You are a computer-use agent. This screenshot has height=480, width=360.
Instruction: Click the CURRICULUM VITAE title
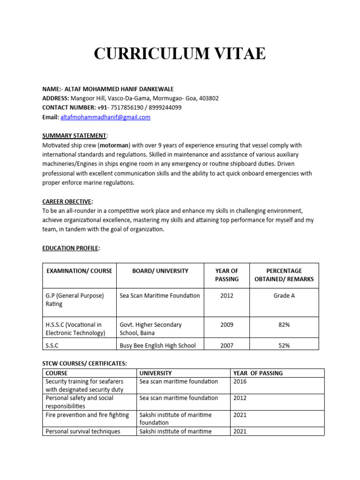point(180,54)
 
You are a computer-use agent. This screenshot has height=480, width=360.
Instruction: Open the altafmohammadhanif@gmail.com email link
point(105,117)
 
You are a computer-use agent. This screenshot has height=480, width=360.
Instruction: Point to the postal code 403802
point(209,98)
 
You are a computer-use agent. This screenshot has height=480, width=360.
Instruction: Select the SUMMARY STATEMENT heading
point(75,135)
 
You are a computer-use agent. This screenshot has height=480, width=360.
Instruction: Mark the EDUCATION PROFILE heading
point(70,248)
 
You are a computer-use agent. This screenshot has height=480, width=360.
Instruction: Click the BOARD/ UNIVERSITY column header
point(160,270)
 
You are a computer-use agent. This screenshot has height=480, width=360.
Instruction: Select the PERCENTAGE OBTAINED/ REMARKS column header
point(284,275)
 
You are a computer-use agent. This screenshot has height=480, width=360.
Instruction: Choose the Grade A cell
point(284,295)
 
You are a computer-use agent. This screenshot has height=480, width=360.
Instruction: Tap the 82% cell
point(284,324)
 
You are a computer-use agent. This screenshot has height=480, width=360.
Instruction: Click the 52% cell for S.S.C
point(284,345)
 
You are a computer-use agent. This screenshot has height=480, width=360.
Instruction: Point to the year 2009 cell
point(226,324)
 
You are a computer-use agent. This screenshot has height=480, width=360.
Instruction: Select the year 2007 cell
point(226,345)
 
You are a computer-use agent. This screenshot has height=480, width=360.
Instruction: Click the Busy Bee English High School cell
point(157,345)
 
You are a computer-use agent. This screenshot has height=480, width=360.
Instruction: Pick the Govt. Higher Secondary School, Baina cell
point(150,329)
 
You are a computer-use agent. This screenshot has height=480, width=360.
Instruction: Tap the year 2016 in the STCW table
point(240,382)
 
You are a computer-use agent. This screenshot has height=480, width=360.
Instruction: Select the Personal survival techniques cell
point(82,431)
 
